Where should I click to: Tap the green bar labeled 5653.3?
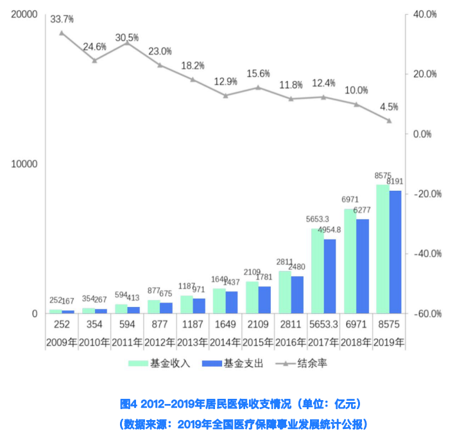317,270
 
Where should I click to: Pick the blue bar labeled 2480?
297,294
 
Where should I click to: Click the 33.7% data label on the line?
62,19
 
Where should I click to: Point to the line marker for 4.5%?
389,120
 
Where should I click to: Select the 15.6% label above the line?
258,73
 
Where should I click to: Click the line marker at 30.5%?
127,42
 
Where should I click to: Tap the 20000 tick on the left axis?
24,14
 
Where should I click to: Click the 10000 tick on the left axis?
24,164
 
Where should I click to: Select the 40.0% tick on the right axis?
425,14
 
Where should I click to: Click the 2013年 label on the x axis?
193,342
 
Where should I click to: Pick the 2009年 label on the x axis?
62,342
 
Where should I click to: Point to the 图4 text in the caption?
129,404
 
